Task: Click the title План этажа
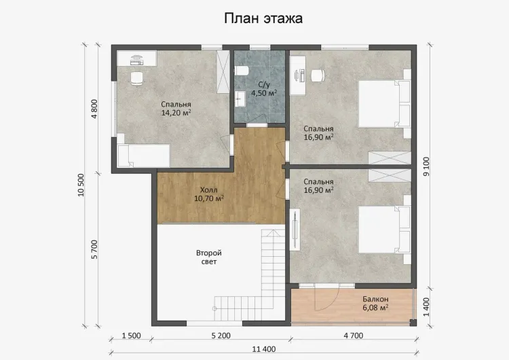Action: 263,18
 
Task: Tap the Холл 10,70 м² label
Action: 209,194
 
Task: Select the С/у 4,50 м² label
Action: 264,89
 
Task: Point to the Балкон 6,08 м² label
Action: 375,303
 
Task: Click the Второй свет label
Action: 209,257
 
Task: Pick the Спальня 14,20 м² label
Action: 176,109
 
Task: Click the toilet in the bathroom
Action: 242,70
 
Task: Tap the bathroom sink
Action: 240,98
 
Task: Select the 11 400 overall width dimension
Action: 264,349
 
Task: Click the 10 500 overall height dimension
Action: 81,185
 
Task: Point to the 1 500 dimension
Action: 132,336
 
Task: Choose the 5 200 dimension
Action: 221,336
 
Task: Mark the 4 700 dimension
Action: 354,336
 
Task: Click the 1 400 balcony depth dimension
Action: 426,307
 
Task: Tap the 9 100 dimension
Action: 426,166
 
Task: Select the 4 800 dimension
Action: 94,109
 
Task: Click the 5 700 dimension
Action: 94,249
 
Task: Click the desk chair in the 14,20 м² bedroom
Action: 136,79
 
